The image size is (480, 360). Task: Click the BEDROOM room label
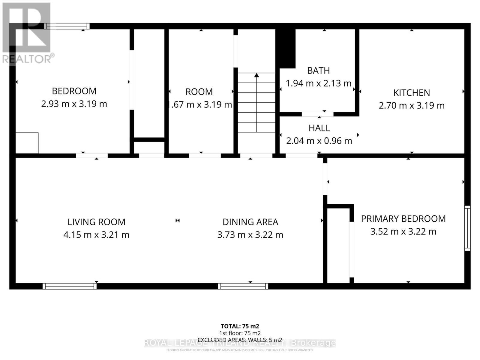click(x=74, y=91)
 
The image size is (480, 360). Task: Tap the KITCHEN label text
click(x=412, y=93)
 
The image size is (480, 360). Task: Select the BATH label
click(x=318, y=70)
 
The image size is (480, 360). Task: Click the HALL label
click(x=319, y=128)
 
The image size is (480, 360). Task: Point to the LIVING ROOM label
click(x=96, y=222)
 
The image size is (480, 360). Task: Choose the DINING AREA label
click(x=250, y=222)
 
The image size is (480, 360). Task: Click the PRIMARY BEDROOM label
click(x=403, y=219)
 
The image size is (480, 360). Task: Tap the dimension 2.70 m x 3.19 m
click(x=412, y=106)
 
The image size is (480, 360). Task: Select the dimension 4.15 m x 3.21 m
click(x=96, y=235)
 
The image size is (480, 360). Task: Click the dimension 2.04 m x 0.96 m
click(x=319, y=141)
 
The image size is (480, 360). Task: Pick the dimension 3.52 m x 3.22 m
click(x=403, y=232)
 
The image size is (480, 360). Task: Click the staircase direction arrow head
click(x=256, y=75)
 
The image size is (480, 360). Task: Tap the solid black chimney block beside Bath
click(x=286, y=48)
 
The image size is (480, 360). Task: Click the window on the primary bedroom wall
click(x=467, y=228)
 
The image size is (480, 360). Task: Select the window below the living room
click(x=70, y=286)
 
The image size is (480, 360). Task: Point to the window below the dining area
click(x=243, y=286)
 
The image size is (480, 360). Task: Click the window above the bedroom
click(x=67, y=26)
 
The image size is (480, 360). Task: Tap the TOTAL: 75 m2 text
click(x=240, y=326)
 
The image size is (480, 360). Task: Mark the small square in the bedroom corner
click(x=27, y=143)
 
